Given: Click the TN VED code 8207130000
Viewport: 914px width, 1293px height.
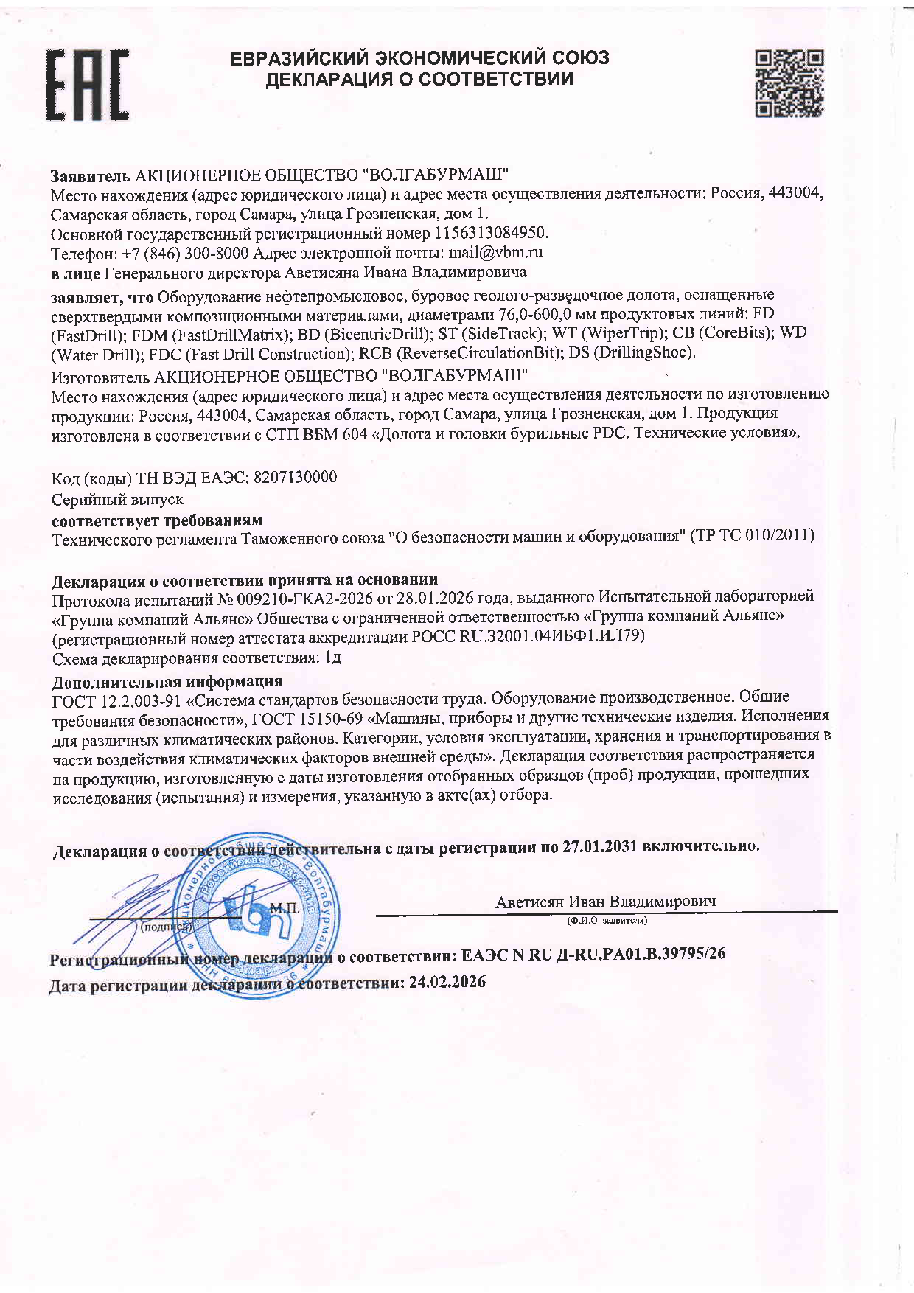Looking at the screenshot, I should (295, 477).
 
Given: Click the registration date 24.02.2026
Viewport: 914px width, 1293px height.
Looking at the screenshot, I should (447, 982).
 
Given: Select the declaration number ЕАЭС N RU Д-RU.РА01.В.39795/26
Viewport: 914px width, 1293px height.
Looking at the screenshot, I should (593, 954).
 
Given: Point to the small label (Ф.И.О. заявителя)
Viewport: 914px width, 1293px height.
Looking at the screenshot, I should (607, 921).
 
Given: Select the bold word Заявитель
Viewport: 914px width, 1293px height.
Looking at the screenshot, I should (91, 175).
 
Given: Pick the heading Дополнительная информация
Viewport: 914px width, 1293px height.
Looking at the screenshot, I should (167, 681).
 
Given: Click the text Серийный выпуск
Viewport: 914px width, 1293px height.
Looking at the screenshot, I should (117, 499).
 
